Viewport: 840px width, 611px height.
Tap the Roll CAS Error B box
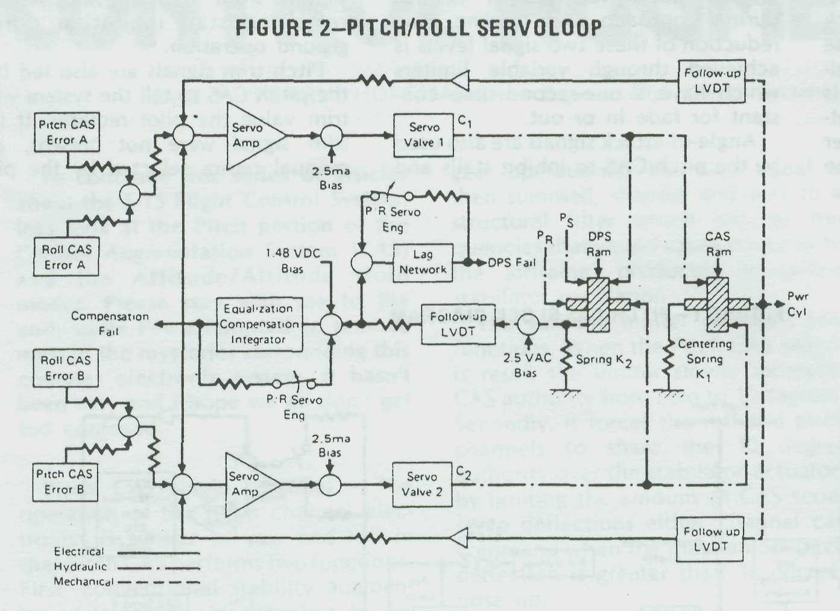tap(66, 368)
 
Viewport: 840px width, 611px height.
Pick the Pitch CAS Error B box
tap(64, 481)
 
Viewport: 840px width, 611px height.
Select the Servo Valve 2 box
tap(422, 484)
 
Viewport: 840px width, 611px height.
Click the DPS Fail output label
tap(511, 263)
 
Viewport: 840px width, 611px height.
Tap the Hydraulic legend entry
tap(79, 566)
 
